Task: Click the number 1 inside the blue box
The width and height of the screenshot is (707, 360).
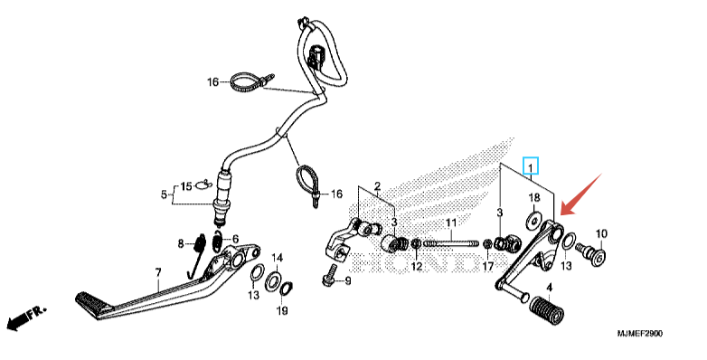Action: point(531,168)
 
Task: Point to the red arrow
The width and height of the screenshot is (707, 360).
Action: point(580,194)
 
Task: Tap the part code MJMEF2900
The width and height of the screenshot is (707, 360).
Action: point(640,334)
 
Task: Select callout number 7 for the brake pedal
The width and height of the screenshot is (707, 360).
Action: point(158,272)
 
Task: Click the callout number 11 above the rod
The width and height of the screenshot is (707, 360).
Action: point(451,223)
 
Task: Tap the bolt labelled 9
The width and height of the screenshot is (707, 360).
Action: point(329,276)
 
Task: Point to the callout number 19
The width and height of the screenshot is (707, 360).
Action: point(282,311)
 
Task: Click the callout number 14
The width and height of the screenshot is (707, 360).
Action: point(277,258)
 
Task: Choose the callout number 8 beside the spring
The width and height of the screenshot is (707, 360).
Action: point(181,244)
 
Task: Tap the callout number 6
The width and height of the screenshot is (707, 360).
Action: point(234,240)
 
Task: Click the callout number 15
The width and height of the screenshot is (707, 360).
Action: point(186,186)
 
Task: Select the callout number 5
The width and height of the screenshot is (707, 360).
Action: point(164,194)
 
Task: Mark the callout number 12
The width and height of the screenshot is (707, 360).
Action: point(417,267)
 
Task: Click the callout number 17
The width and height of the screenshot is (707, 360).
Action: point(488,267)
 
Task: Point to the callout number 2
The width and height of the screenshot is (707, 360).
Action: point(377,185)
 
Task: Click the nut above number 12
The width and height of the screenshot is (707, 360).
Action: point(416,244)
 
